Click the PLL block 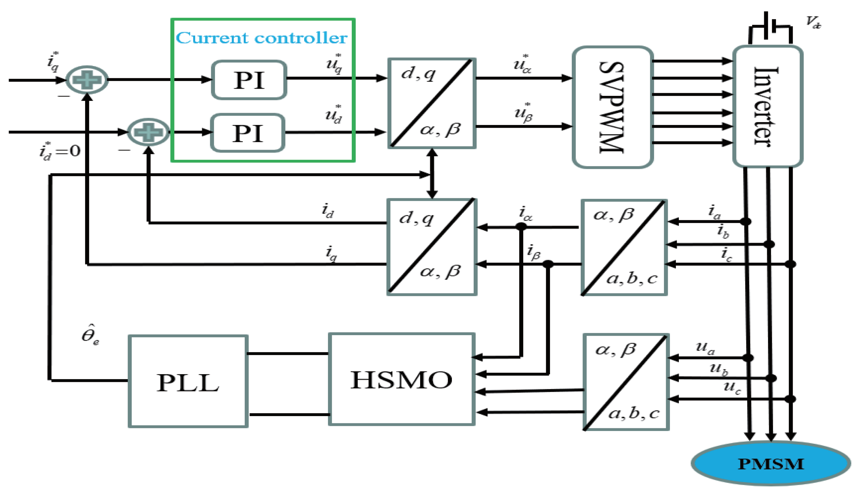tap(188, 382)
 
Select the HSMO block tap(401, 379)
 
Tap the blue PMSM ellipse tap(771, 464)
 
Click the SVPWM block tap(612, 107)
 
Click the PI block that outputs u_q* tap(249, 80)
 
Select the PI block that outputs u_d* tap(247, 133)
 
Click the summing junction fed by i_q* tap(87, 80)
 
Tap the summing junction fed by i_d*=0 tap(148, 132)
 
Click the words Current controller tap(262, 38)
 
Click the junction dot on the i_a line tap(745, 221)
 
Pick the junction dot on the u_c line tap(790, 399)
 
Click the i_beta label tap(534, 252)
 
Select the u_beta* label tap(523, 113)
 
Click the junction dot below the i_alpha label tap(521, 227)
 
